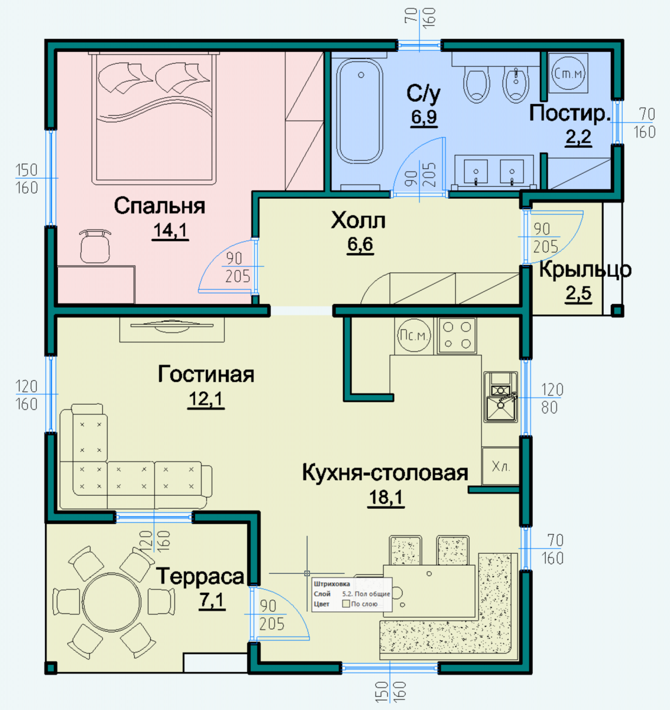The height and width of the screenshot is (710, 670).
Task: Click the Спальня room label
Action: (160, 206)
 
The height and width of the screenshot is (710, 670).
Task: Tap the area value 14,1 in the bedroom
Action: (170, 231)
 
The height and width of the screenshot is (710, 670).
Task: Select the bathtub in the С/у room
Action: (360, 111)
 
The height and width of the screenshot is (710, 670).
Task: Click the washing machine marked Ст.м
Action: (568, 73)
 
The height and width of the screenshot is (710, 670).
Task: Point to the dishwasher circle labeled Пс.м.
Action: (414, 335)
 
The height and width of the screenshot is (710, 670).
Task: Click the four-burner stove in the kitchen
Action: (457, 335)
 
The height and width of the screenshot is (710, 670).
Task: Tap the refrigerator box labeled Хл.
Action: (500, 466)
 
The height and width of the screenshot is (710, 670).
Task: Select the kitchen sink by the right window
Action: (501, 397)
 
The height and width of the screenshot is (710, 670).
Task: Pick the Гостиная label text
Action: (206, 375)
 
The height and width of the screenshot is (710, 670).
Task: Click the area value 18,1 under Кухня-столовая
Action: (386, 497)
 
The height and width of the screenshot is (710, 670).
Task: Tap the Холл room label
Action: (358, 220)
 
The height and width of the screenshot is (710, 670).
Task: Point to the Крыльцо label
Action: (585, 270)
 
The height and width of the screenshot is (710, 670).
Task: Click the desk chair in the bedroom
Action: (95, 246)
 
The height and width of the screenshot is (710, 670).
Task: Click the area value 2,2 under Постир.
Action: (578, 137)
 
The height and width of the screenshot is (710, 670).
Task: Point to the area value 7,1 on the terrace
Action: (212, 601)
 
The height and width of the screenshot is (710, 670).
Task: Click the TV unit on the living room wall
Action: (172, 330)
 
